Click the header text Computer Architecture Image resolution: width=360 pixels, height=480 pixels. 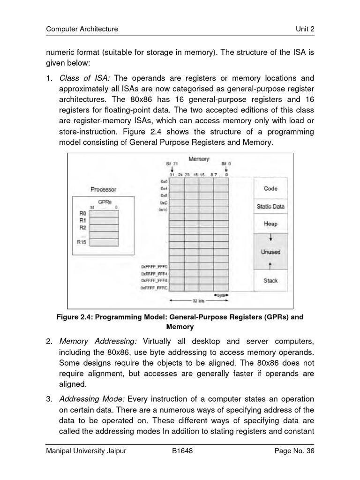click(82, 29)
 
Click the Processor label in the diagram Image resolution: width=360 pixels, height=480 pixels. click(103, 189)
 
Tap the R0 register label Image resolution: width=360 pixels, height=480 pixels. click(82, 212)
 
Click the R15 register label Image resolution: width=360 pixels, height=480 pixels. click(82, 242)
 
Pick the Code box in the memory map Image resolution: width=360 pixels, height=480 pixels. click(270, 188)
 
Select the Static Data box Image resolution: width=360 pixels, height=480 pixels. click(270, 206)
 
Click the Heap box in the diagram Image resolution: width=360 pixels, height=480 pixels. click(270, 224)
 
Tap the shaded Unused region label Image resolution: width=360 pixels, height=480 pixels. click(270, 252)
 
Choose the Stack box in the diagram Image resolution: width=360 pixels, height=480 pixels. click(270, 281)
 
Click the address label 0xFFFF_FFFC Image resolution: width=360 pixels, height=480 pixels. click(154, 287)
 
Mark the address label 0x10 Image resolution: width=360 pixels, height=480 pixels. click(163, 210)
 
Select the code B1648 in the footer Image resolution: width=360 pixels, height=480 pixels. click(183, 451)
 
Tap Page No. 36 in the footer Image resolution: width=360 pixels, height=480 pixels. click(294, 451)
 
